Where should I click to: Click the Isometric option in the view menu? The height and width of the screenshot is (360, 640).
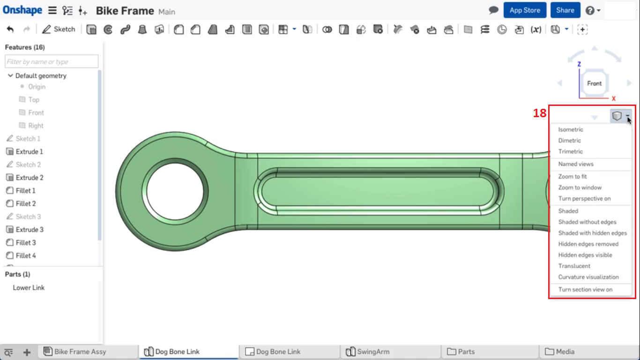[x=571, y=129]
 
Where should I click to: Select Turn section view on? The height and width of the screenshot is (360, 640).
[x=585, y=290]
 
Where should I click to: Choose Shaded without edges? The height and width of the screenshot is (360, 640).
[x=587, y=222]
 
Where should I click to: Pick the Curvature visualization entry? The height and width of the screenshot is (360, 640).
[x=588, y=277]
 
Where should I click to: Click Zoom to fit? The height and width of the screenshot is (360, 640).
[x=573, y=177]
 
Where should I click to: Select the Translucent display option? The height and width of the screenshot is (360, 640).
[x=574, y=266]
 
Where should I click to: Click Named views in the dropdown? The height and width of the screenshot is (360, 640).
[x=576, y=164]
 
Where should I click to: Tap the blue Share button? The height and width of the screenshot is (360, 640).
[x=565, y=10]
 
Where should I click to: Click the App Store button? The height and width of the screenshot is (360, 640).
[x=525, y=10]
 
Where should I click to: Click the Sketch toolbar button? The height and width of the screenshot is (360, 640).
[x=59, y=30]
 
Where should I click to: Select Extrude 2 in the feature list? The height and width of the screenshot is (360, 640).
[x=30, y=178]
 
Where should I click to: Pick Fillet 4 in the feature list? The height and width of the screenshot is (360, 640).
[x=26, y=255]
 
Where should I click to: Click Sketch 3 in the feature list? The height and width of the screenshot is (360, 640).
[x=28, y=217]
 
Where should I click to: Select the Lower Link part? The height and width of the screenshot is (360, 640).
[x=29, y=288]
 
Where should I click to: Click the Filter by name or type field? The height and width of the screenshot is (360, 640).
[x=52, y=62]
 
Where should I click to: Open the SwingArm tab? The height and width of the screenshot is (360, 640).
[x=372, y=352]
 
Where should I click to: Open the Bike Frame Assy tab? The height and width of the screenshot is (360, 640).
[x=80, y=352]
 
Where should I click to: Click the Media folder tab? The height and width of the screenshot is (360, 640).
[x=565, y=352]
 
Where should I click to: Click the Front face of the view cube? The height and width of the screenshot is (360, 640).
[x=594, y=83]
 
